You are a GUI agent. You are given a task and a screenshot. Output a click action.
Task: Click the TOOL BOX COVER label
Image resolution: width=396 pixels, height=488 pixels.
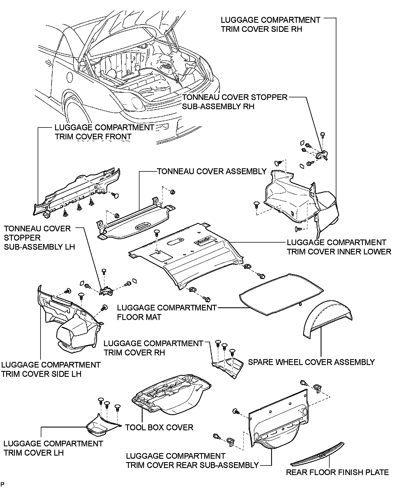pos(159,427)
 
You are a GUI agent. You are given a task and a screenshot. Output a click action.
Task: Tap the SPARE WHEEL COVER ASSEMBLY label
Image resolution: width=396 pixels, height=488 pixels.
pos(311,362)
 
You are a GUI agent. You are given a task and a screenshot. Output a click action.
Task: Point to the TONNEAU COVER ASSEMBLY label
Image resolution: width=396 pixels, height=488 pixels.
pos(211,171)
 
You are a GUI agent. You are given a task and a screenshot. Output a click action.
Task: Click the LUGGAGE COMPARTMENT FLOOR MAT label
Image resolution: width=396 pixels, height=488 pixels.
pos(167,312)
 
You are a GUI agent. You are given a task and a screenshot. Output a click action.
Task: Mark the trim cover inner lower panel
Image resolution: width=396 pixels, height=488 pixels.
pos(186,253)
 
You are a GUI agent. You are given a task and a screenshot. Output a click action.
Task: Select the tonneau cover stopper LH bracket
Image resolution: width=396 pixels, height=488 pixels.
pos(106,291)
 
